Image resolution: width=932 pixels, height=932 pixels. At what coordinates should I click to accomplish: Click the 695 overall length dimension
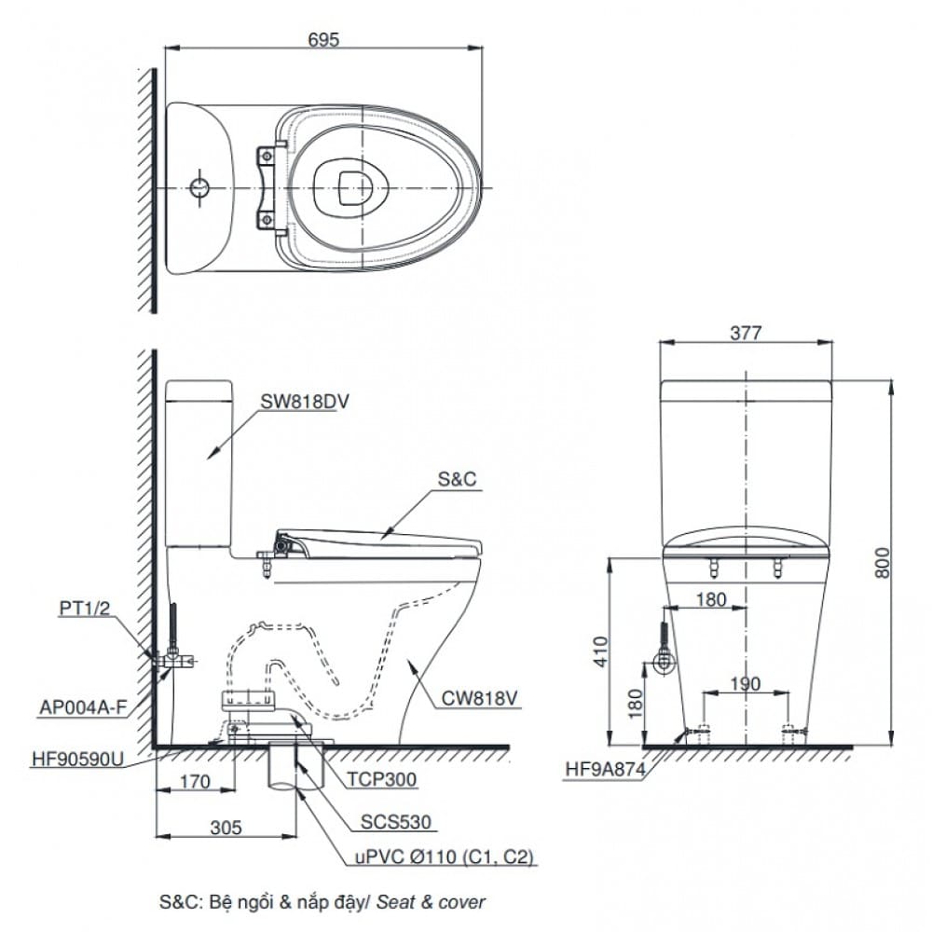(323, 40)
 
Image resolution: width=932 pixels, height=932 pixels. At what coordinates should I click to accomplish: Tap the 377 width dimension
(745, 333)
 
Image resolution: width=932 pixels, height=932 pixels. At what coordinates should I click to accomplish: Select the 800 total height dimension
(883, 562)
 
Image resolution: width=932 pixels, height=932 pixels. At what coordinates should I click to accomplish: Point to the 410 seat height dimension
(601, 651)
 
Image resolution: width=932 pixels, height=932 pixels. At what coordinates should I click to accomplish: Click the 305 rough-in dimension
(226, 828)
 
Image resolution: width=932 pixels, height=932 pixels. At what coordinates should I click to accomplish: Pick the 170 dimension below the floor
(195, 782)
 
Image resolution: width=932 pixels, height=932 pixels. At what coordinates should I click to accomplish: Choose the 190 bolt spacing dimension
(745, 683)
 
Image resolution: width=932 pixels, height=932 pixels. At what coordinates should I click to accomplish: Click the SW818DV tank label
(305, 402)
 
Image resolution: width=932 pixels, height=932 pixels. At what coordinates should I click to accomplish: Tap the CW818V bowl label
(480, 698)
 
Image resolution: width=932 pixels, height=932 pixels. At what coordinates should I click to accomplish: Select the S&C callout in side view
(457, 479)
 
